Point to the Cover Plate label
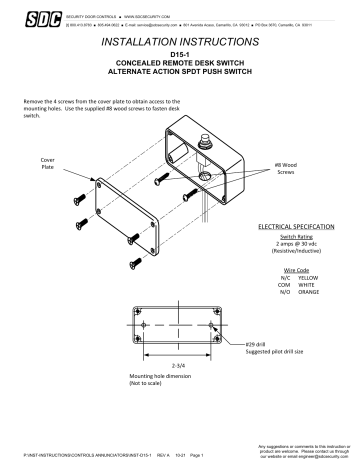[48, 164]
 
